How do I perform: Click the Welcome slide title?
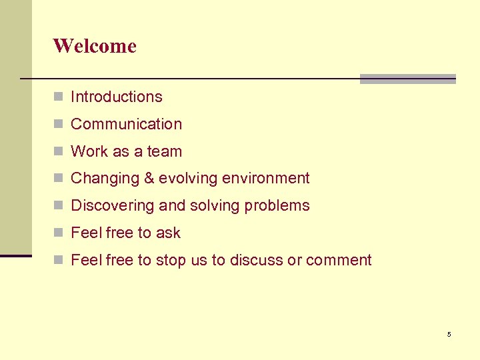click(x=95, y=46)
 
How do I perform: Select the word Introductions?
click(x=117, y=97)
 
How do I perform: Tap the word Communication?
click(x=126, y=124)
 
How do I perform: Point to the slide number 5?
click(x=449, y=334)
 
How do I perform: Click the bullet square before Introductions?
click(x=59, y=97)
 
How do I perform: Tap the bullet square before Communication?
click(x=59, y=125)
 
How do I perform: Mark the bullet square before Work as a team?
click(x=59, y=152)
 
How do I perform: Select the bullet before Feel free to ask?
click(x=59, y=233)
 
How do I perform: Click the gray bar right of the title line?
click(x=407, y=79)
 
